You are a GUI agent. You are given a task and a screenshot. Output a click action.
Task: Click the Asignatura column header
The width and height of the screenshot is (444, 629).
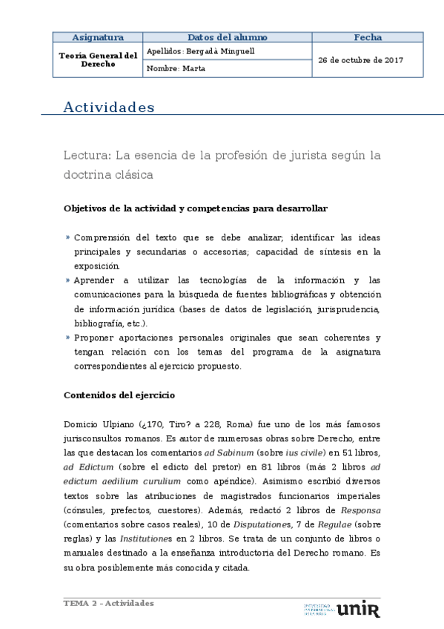(x=97, y=37)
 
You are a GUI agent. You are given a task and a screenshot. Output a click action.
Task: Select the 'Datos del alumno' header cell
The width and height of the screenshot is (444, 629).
(x=227, y=37)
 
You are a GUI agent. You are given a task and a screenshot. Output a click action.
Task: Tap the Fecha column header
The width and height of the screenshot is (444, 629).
(x=368, y=37)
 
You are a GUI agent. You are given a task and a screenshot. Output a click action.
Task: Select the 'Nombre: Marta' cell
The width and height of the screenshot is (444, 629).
(x=176, y=68)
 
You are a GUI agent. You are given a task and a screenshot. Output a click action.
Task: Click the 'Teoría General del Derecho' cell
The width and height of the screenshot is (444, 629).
(x=98, y=59)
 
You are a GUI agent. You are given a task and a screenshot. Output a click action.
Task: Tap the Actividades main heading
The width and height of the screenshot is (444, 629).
(x=109, y=108)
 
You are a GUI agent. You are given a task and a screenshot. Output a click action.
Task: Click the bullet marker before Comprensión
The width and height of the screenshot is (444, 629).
(x=67, y=237)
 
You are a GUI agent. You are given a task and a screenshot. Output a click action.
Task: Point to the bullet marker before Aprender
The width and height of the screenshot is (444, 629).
(x=67, y=280)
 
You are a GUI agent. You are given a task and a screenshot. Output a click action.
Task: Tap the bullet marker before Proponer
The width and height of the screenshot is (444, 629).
(x=67, y=337)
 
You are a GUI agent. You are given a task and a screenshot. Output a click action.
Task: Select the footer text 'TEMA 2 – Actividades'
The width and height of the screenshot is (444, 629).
(x=109, y=603)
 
